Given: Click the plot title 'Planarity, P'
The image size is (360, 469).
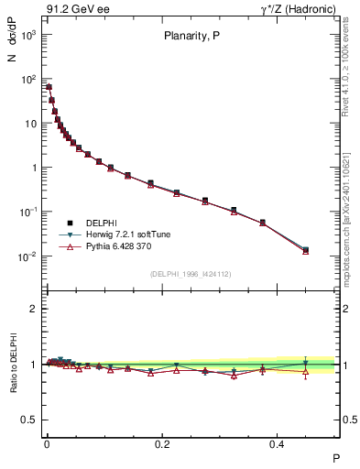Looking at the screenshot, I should [x=190, y=38].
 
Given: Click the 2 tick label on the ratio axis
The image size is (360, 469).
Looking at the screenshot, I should [x=35, y=309].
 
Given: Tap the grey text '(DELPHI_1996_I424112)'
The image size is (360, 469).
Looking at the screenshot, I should [x=190, y=274].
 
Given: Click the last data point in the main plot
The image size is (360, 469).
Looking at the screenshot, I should [x=306, y=249].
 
